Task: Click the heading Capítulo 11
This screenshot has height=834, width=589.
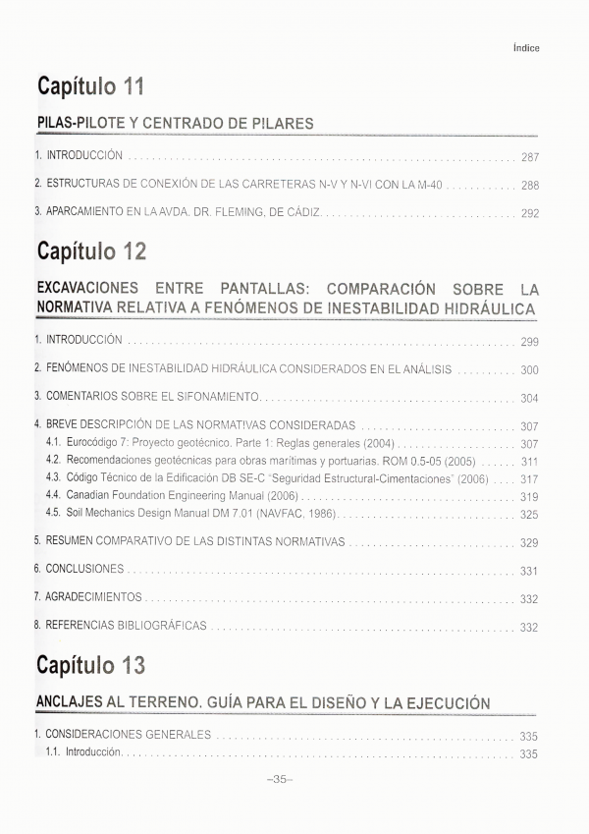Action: tap(91, 86)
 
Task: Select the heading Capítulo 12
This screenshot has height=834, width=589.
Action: tap(91, 251)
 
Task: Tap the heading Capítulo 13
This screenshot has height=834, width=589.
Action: tap(91, 666)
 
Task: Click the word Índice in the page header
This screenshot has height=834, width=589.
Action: tap(526, 48)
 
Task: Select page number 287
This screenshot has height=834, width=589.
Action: tap(530, 157)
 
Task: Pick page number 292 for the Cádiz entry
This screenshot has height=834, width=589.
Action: tap(530, 213)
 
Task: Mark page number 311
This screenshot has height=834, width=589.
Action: tap(530, 462)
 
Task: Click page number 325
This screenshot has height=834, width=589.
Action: tap(530, 515)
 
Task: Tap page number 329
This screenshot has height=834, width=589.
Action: tap(530, 542)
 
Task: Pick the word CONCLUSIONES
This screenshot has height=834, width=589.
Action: tap(85, 569)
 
